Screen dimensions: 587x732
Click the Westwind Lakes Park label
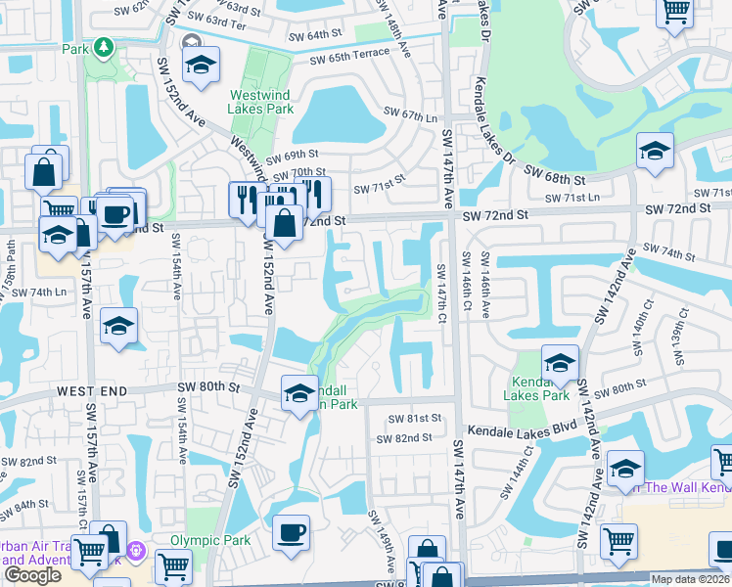click(x=262, y=103)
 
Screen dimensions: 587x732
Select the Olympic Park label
click(x=210, y=540)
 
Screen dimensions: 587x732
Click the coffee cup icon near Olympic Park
click(x=291, y=533)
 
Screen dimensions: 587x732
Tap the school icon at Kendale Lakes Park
click(x=560, y=363)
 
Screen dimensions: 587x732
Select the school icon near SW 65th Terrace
click(x=201, y=66)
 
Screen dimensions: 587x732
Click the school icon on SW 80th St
click(x=299, y=393)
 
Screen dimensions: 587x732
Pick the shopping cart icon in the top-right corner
click(x=676, y=12)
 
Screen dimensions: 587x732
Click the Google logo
click(x=32, y=575)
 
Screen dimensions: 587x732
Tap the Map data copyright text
click(x=691, y=579)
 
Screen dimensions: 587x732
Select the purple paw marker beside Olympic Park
click(x=136, y=554)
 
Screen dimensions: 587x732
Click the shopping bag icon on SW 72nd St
click(x=283, y=223)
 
